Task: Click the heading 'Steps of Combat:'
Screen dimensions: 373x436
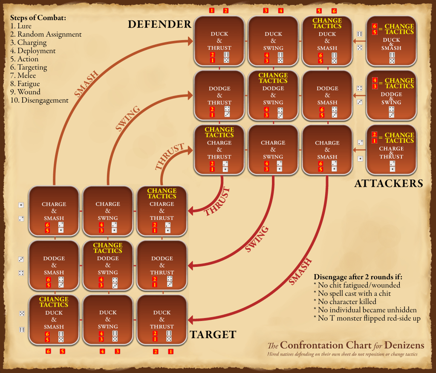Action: pos(38,18)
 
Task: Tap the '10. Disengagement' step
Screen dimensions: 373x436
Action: pos(39,100)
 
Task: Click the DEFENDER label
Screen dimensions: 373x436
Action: pos(159,25)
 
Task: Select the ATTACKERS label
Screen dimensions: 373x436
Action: pos(388,183)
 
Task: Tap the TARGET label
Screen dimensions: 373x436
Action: pos(213,335)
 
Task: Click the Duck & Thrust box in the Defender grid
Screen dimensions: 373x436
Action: pos(219,41)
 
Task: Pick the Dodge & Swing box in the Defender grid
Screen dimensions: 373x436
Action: pos(273,95)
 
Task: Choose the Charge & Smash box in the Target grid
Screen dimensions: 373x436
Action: pos(54,211)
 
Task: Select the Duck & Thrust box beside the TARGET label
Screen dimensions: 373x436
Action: pos(162,319)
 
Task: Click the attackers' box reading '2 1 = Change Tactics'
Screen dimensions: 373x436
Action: pos(391,150)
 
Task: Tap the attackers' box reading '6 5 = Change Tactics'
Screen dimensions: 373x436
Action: pos(391,41)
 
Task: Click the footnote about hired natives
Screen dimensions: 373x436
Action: pos(342,355)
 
